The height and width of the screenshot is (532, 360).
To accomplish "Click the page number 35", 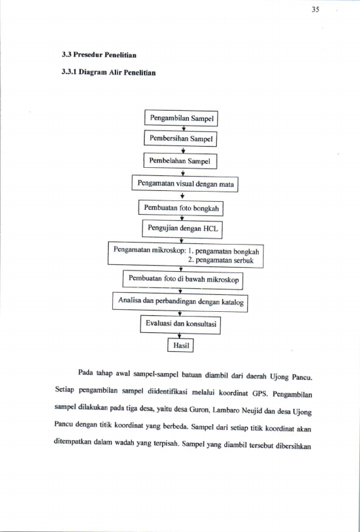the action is point(315,10).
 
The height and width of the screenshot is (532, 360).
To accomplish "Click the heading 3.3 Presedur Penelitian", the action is point(99,55).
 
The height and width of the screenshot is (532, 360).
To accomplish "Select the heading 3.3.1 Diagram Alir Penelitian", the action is point(109,72).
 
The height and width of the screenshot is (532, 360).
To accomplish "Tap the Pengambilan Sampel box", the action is point(181,118).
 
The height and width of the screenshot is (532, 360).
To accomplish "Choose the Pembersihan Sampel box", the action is point(180,139).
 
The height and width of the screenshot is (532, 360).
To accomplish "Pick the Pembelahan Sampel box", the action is point(180,161).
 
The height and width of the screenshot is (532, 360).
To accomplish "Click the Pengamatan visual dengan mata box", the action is point(185,183).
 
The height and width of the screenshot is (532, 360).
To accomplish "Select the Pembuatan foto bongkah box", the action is point(181,208).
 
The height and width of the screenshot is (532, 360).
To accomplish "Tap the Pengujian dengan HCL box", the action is point(182,228).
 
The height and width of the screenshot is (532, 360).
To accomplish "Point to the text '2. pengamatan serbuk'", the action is point(221,261).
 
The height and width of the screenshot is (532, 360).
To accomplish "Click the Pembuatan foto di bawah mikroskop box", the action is point(183,279).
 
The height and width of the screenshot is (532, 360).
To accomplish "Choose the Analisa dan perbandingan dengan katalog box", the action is point(180,301).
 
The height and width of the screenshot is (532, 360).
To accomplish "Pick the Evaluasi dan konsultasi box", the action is point(180,323).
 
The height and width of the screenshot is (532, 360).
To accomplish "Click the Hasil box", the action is point(181,345).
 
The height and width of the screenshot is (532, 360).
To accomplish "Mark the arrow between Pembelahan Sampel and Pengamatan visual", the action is point(183,172).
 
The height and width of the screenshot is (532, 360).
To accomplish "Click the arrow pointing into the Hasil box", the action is point(179,336).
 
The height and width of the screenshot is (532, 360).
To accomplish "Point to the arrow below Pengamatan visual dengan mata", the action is point(183,196).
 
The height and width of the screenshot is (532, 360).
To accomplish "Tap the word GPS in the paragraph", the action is point(260,393).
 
